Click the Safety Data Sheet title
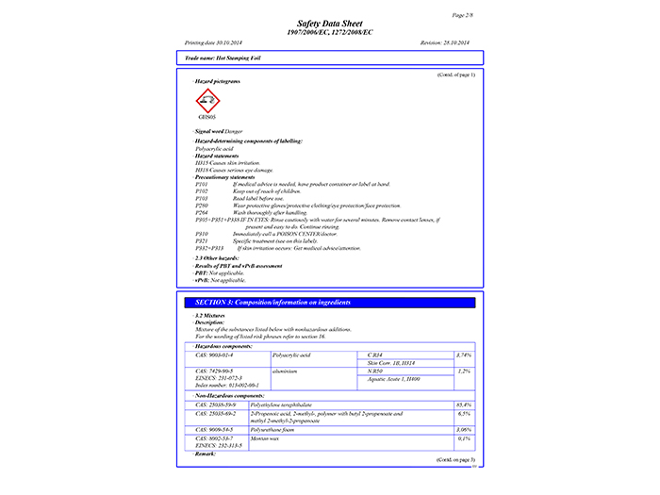(329, 23)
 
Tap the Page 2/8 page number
(463, 15)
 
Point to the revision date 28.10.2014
(448, 43)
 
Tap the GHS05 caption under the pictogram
(206, 117)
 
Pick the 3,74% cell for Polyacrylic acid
(463, 355)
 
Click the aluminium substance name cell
(288, 371)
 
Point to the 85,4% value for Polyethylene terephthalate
(463, 404)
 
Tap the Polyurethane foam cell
(293, 429)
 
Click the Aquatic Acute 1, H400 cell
(397, 379)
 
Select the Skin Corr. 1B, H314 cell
(392, 362)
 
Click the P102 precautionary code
(201, 191)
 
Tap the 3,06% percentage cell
(463, 429)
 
